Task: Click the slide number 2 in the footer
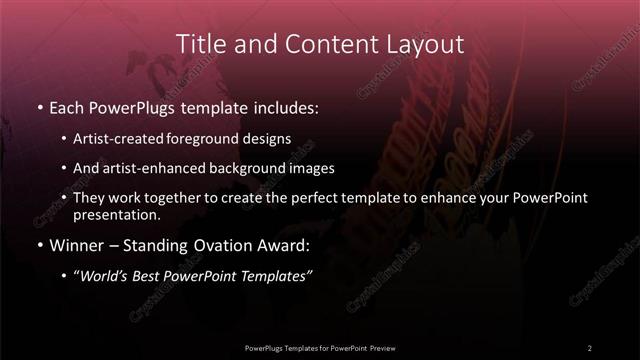(590, 347)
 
